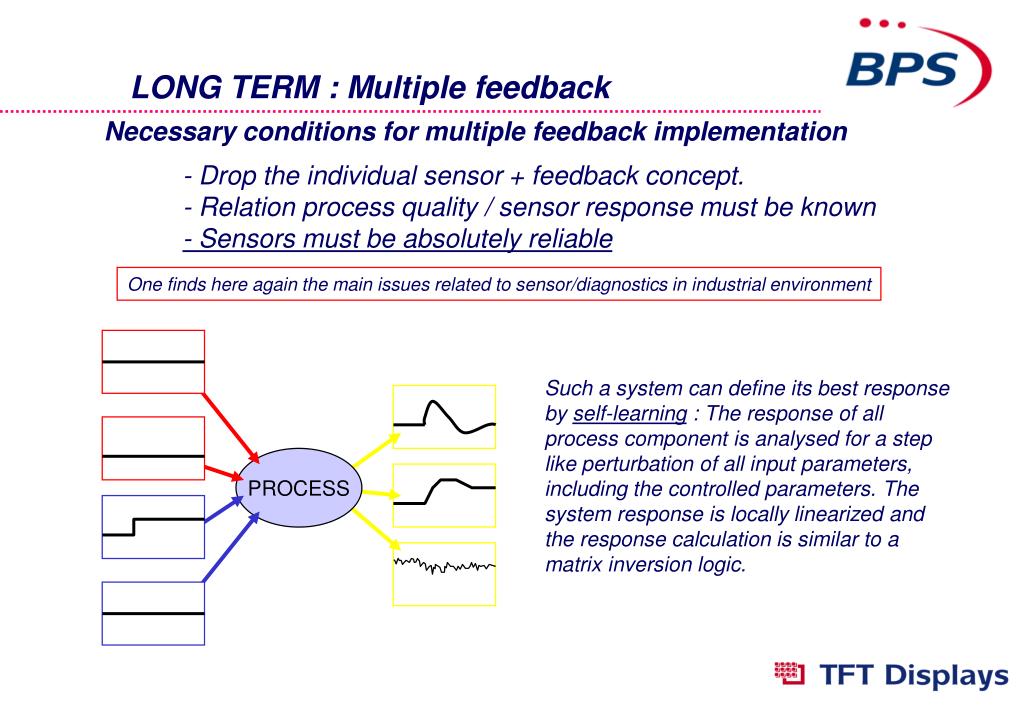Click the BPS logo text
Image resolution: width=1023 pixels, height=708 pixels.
click(x=902, y=69)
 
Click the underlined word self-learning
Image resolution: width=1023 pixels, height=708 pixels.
click(x=630, y=414)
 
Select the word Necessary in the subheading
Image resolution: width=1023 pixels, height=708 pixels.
click(x=171, y=132)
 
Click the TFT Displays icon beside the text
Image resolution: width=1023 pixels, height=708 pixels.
click(x=789, y=673)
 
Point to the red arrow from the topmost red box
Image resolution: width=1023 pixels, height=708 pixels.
click(x=232, y=428)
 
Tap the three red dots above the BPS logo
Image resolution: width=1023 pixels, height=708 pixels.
click(x=882, y=23)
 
